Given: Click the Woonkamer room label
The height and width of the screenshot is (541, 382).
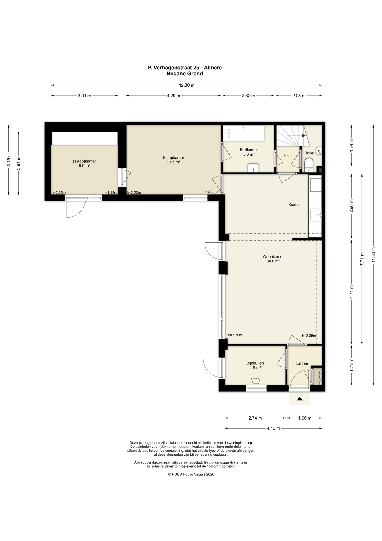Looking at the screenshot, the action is click(273, 257).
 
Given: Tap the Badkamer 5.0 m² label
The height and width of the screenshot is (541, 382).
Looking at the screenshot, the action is click(249, 152).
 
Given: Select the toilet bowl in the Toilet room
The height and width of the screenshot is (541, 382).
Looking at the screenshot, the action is click(309, 165).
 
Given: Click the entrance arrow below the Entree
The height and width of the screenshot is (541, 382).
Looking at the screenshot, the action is click(300, 399).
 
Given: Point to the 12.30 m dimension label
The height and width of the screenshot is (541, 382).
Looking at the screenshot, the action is click(187, 85).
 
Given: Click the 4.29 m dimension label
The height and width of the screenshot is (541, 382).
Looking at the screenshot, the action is click(173, 96).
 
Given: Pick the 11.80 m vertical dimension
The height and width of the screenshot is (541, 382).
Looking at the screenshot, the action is click(374, 255).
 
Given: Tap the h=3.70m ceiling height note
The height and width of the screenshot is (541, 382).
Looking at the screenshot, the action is click(235, 335).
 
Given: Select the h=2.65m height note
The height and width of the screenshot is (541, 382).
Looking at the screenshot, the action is click(59, 193).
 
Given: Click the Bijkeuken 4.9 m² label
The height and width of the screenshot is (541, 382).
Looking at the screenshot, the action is click(255, 365).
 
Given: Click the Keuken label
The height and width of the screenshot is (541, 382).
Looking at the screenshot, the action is click(295, 205).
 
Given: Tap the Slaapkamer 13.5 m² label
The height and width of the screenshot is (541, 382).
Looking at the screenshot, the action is click(173, 160).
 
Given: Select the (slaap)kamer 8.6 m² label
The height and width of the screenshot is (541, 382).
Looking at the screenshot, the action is click(84, 163).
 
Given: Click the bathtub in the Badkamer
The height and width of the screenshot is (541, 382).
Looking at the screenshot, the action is click(244, 133).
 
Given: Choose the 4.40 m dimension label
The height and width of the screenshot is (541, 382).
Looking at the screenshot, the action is click(273, 428).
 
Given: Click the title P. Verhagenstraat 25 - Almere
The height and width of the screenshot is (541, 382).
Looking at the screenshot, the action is click(185, 68).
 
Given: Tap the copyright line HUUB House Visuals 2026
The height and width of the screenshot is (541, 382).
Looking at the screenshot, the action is click(191, 474).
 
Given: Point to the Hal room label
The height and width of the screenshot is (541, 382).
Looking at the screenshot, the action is click(287, 156).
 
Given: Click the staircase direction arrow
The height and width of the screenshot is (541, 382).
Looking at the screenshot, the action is click(304, 136).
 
